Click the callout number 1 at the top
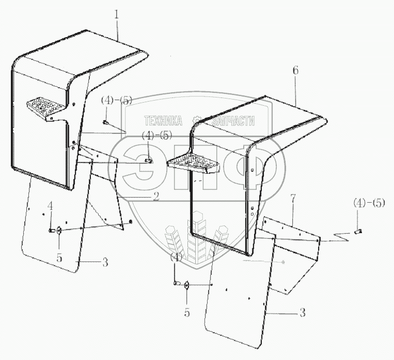pos(117,15)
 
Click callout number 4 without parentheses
pos(51,206)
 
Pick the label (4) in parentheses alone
pos(177,256)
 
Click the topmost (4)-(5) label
pos(117,100)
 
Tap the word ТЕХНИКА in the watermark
pos(163,121)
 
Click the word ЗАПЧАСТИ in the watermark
pos(234,121)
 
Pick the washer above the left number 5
pos(59,230)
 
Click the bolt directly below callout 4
pos(52,230)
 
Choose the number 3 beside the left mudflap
pos(105,262)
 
